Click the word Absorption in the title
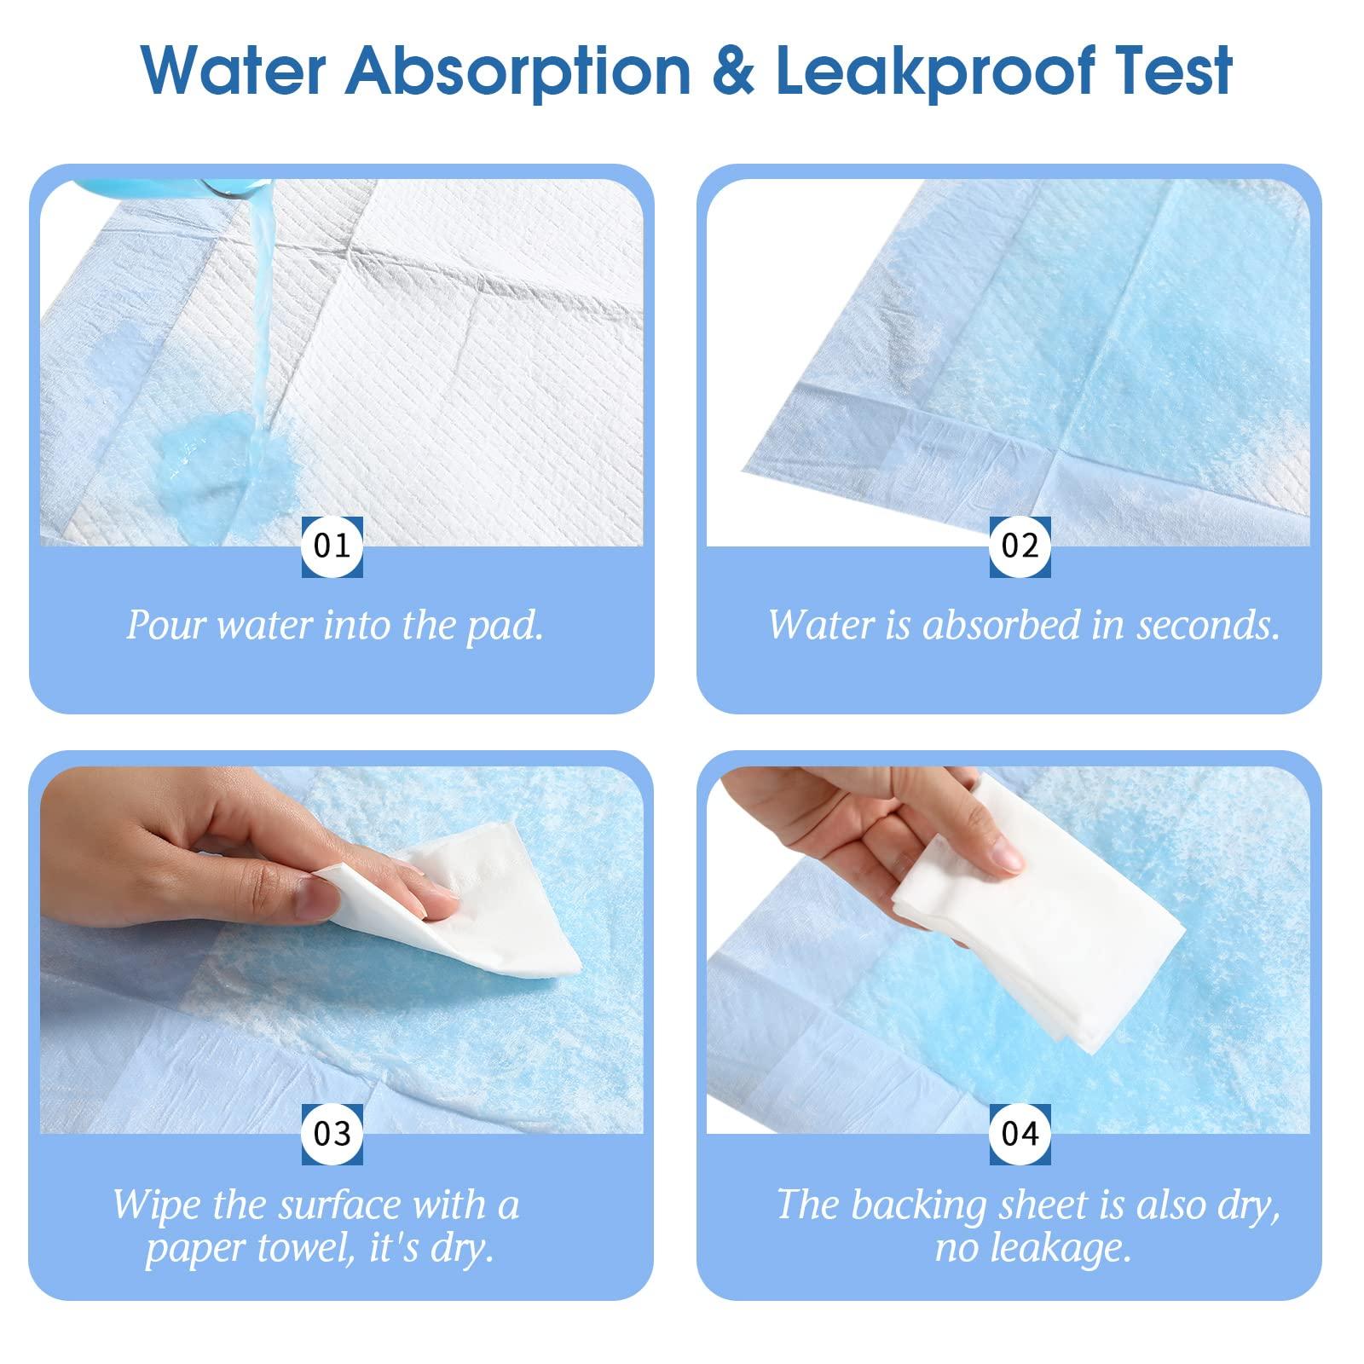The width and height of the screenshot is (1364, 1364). click(519, 71)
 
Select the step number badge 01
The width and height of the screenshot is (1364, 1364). click(332, 546)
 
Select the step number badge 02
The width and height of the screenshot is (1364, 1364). click(1020, 546)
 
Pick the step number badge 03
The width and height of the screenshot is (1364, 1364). click(332, 1134)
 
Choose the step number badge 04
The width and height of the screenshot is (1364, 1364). click(1020, 1134)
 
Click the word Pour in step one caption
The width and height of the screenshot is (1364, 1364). click(167, 625)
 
